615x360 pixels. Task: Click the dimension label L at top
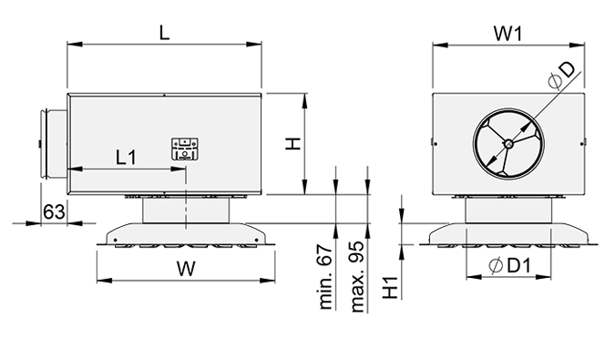point(164,32)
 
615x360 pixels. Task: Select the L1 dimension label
point(126,157)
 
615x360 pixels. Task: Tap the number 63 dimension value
point(54,211)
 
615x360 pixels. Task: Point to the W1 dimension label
point(507,34)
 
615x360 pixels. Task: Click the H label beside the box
point(292,143)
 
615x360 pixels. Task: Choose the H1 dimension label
point(391,287)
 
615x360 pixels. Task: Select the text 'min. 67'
point(325,277)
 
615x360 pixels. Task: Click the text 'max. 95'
point(357,277)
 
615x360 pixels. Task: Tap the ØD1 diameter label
point(510,266)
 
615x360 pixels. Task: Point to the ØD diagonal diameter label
point(561,75)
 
